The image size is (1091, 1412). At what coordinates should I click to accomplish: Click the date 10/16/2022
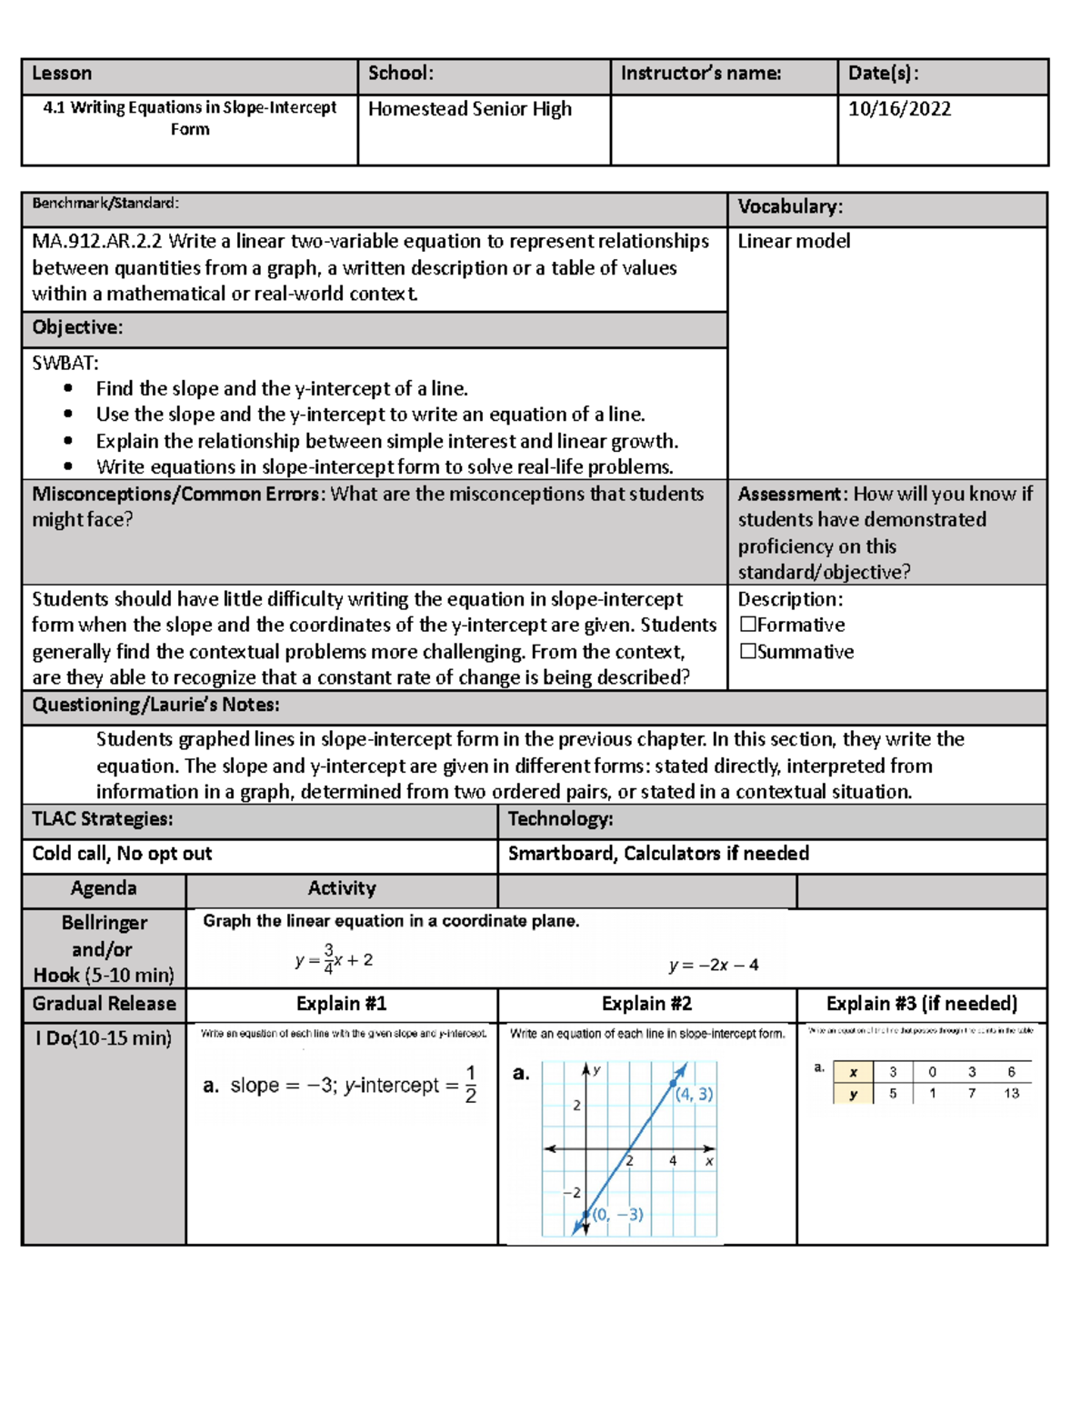tap(899, 109)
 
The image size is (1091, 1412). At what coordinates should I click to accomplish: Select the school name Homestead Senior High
tap(469, 109)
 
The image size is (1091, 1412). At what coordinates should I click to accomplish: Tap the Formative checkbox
tap(748, 625)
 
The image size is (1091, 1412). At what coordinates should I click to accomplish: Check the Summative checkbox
tap(748, 651)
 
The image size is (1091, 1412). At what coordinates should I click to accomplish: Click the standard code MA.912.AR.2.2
tap(96, 241)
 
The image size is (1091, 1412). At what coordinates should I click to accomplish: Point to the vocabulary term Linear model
tap(794, 241)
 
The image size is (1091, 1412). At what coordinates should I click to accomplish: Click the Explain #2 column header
tap(646, 1004)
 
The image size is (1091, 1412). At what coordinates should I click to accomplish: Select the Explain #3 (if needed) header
tap(921, 1004)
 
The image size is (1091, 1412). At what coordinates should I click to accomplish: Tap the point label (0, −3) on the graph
tap(618, 1215)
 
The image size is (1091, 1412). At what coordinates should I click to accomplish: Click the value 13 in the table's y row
tap(1011, 1094)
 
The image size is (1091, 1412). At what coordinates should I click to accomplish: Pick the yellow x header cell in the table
tap(853, 1072)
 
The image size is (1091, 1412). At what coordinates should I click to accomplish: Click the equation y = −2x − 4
tap(714, 966)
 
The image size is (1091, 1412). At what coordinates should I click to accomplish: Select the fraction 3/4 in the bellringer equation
tap(328, 959)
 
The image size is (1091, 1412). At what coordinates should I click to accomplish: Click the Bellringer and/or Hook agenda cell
tap(104, 948)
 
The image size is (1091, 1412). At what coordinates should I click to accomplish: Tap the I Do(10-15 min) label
tap(104, 1038)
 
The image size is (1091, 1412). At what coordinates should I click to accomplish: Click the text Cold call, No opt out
tap(122, 854)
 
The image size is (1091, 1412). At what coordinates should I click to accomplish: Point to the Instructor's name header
tap(700, 74)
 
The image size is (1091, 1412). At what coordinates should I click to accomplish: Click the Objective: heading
tap(77, 328)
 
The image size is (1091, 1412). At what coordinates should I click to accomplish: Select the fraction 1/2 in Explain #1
tap(470, 1085)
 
